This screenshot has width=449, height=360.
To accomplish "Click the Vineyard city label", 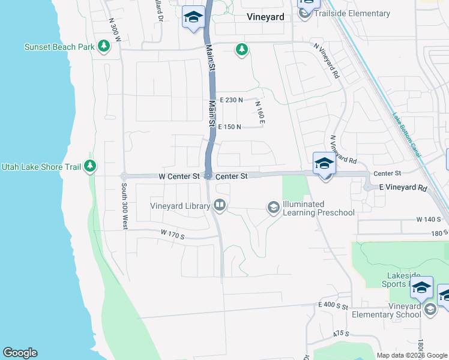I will [x=265, y=17].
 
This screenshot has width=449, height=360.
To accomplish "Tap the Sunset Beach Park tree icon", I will [x=104, y=47].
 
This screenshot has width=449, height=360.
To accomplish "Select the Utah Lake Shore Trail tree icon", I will [x=90, y=166].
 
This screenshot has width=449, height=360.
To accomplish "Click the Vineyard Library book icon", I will [x=220, y=206].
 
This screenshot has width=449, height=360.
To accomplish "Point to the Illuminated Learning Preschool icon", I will [x=273, y=208].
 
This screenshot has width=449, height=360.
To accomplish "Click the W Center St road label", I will [x=179, y=176].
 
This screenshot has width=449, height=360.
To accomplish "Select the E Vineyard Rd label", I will [x=403, y=188].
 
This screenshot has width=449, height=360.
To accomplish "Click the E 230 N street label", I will [x=231, y=100].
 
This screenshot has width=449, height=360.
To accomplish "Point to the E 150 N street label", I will [x=229, y=127].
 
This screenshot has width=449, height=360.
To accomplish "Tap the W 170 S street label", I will [x=172, y=235].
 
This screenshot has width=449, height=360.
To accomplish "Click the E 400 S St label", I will [x=334, y=306].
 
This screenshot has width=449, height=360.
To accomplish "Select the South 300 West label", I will [x=124, y=207].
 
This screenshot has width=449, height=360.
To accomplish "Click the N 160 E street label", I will [x=260, y=113].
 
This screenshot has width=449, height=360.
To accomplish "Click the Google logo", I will [x=20, y=353].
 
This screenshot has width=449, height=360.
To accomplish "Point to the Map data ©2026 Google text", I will [x=412, y=355].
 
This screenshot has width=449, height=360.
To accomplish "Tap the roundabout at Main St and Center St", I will [x=208, y=176].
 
